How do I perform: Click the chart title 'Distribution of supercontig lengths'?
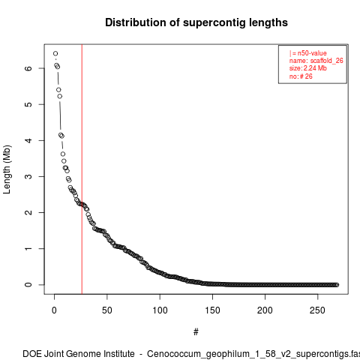(196, 22)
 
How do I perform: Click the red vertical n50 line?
(82, 169)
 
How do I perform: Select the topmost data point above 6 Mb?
(55, 53)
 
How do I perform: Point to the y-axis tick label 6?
(28, 68)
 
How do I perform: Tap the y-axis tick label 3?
(28, 176)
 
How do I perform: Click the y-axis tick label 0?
(28, 285)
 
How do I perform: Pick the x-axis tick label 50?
(107, 310)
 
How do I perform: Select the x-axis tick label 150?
(212, 310)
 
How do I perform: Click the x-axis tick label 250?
(317, 310)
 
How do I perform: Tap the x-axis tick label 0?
(54, 310)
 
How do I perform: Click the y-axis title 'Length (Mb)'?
(7, 169)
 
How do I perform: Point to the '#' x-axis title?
(196, 332)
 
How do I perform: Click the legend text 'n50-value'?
(312, 53)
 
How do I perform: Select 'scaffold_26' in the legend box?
(327, 61)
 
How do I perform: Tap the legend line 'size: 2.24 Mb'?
(308, 68)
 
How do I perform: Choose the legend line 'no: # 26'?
(301, 76)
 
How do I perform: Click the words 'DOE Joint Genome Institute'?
(79, 354)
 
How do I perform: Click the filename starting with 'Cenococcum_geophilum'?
(253, 354)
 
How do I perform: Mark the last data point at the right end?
(337, 285)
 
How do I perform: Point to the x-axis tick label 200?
(265, 310)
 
